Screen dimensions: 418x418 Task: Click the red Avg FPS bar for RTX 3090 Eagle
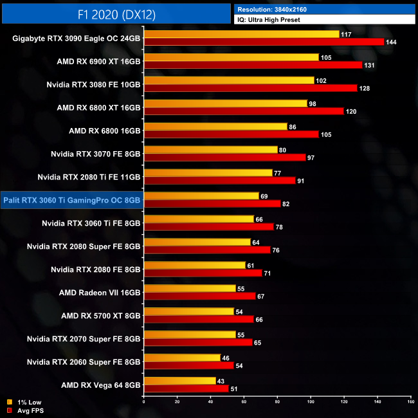click(x=264, y=42)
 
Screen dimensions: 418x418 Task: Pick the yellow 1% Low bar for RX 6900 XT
click(x=232, y=57)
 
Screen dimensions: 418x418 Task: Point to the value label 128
click(x=365, y=88)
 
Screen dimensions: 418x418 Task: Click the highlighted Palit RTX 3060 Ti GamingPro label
click(x=71, y=201)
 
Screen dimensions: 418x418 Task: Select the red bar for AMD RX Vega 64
click(x=186, y=389)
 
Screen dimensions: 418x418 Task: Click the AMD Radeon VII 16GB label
click(x=100, y=293)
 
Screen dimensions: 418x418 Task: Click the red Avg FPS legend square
click(x=8, y=410)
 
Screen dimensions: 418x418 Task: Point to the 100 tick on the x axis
click(x=311, y=402)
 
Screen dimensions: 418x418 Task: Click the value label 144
click(x=392, y=42)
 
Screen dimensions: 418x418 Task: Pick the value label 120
click(x=352, y=111)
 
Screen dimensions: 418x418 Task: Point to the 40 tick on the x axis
click(x=211, y=402)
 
